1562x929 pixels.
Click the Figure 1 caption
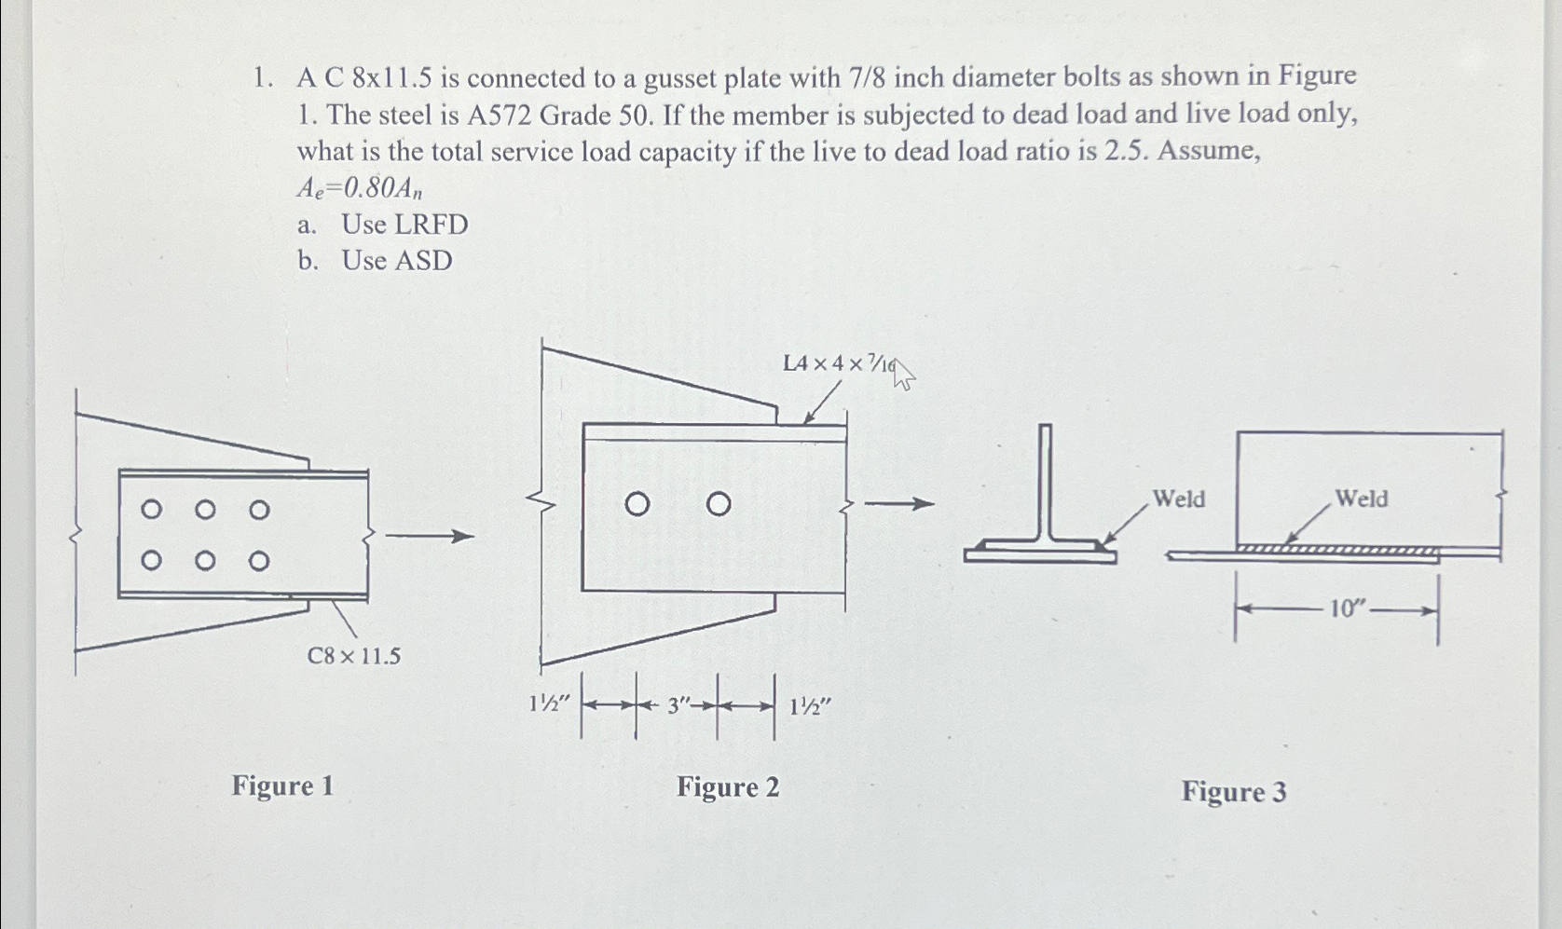tap(282, 786)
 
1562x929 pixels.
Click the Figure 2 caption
tap(728, 787)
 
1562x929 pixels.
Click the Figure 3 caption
tap(1234, 792)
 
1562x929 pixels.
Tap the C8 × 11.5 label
tap(354, 657)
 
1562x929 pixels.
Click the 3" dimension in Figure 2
tap(678, 707)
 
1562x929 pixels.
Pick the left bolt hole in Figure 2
tap(637, 505)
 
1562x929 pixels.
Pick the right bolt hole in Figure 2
tap(718, 505)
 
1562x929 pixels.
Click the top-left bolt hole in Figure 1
tap(150, 509)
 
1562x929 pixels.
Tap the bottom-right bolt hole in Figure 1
tap(260, 561)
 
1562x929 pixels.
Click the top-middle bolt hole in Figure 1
tap(206, 509)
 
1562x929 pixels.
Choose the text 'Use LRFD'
tap(404, 225)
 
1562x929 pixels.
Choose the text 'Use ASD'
tap(397, 261)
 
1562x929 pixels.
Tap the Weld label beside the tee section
tap(1179, 499)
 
